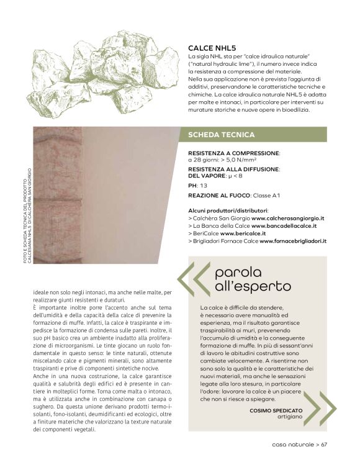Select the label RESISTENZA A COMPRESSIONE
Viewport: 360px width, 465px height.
(x=233, y=152)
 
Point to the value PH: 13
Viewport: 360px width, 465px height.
(x=198, y=186)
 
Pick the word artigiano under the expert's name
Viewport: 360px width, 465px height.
(x=290, y=417)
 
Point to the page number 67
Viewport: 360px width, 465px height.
(x=324, y=444)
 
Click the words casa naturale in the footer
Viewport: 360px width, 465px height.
(x=292, y=444)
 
